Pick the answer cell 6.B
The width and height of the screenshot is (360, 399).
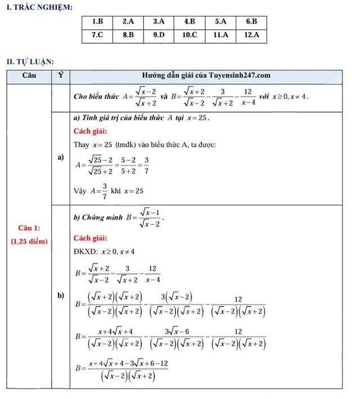click(251, 22)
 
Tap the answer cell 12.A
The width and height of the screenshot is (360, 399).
click(251, 35)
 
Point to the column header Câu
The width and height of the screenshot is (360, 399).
click(30, 75)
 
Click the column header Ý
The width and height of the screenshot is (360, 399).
click(60, 75)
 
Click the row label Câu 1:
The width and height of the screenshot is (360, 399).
click(29, 228)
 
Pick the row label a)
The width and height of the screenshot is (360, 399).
click(60, 158)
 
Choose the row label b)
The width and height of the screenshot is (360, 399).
click(60, 295)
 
